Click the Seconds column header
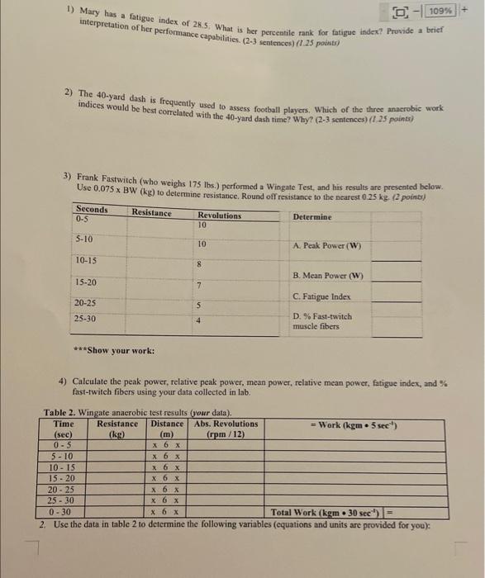(91, 210)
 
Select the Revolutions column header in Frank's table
(220, 216)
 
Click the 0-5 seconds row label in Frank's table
(82, 219)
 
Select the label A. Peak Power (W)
(327, 246)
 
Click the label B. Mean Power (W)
(328, 276)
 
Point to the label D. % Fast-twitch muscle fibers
(322, 320)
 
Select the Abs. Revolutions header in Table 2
(226, 424)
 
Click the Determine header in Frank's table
(311, 216)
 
